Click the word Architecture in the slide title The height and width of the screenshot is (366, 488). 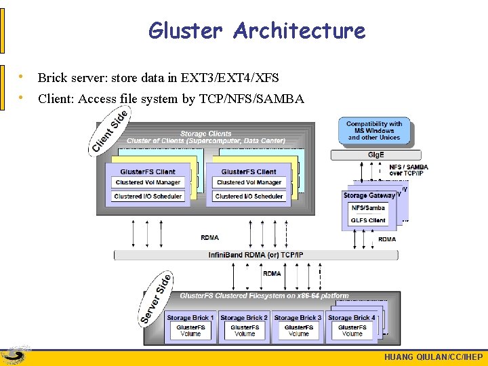299,30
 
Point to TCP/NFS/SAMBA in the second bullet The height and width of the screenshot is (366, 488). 251,99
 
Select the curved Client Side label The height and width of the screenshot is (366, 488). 109,132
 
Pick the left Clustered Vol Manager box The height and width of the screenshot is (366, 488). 148,182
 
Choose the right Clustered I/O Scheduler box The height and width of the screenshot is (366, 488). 249,196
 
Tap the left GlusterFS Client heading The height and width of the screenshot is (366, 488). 148,171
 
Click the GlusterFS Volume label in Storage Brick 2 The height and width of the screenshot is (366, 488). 244,331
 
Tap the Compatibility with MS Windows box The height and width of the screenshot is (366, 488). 374,131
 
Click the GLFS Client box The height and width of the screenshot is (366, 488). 368,220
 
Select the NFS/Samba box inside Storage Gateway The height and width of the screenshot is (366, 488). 368,207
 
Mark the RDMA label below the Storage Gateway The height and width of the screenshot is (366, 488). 387,239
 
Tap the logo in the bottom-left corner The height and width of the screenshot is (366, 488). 15,355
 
